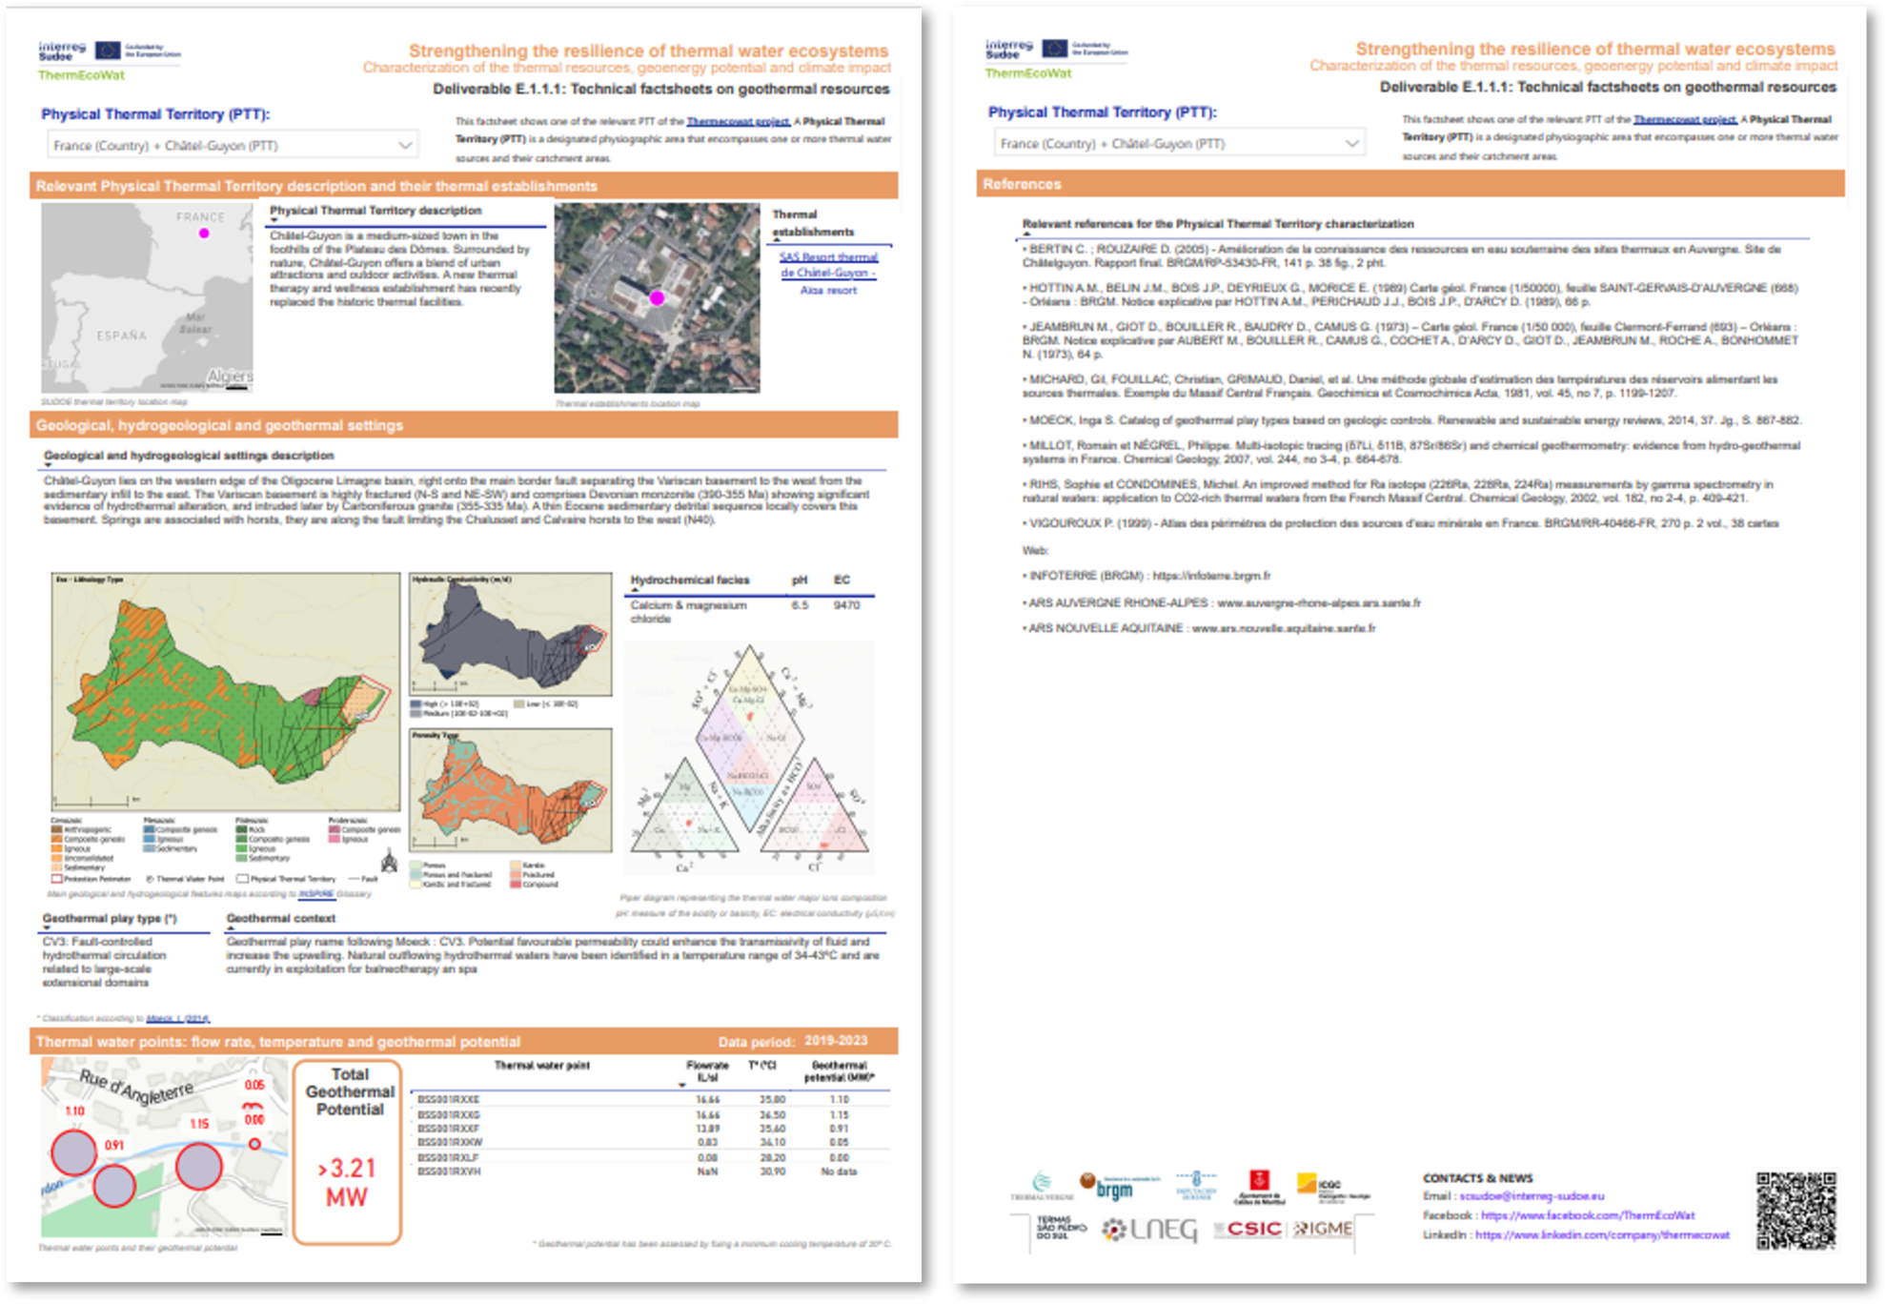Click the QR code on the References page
pos(1796,1211)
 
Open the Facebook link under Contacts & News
pos(1588,1215)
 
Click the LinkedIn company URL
pos(1602,1235)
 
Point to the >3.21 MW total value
pos(348,1182)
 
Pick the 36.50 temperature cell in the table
pos(772,1114)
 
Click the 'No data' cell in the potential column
pos(839,1172)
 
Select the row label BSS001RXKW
pos(450,1142)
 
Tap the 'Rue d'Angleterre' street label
pos(135,1087)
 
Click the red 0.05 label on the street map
pos(254,1085)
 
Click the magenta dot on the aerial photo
pos(657,298)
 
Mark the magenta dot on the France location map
pos(203,234)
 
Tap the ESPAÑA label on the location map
pos(122,336)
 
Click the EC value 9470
pos(846,605)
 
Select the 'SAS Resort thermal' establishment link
pos(828,257)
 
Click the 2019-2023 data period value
pos(836,1041)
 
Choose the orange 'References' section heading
pos(1022,184)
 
